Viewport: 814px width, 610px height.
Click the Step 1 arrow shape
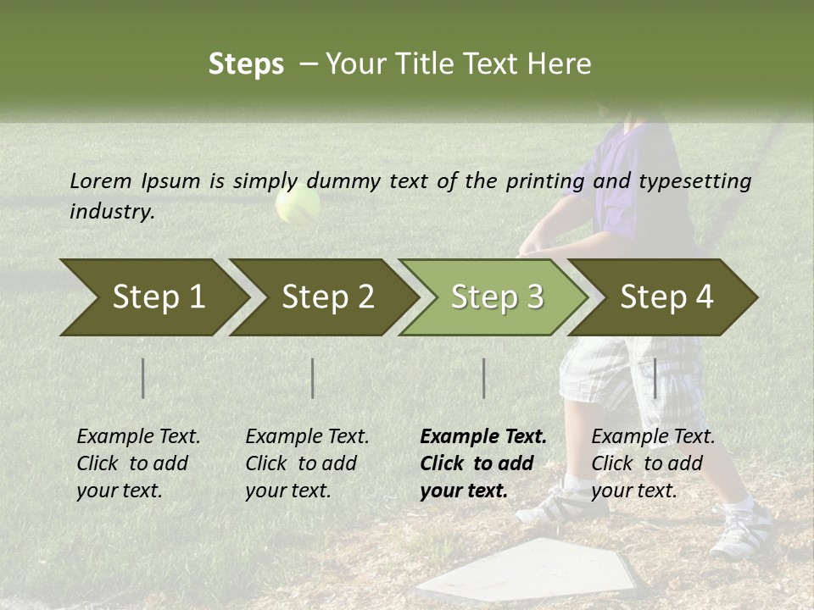pyautogui.click(x=153, y=297)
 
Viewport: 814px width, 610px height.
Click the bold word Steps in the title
pyautogui.click(x=246, y=64)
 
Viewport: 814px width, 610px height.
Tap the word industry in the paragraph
pyautogui.click(x=111, y=212)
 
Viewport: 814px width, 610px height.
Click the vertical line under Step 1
pyautogui.click(x=143, y=378)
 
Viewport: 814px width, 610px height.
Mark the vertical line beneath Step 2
pyautogui.click(x=313, y=378)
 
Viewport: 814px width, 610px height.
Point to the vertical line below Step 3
pyautogui.click(x=483, y=378)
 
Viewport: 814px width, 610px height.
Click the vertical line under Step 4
pyautogui.click(x=655, y=378)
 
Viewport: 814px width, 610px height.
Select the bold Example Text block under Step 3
pyautogui.click(x=483, y=463)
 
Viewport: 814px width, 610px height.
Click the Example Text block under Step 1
pyautogui.click(x=138, y=463)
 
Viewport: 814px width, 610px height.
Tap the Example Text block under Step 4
pyautogui.click(x=653, y=463)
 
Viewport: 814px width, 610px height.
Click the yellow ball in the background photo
pyautogui.click(x=298, y=204)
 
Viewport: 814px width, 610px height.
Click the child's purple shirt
pyautogui.click(x=636, y=178)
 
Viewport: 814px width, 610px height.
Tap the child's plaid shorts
pyautogui.click(x=627, y=373)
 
